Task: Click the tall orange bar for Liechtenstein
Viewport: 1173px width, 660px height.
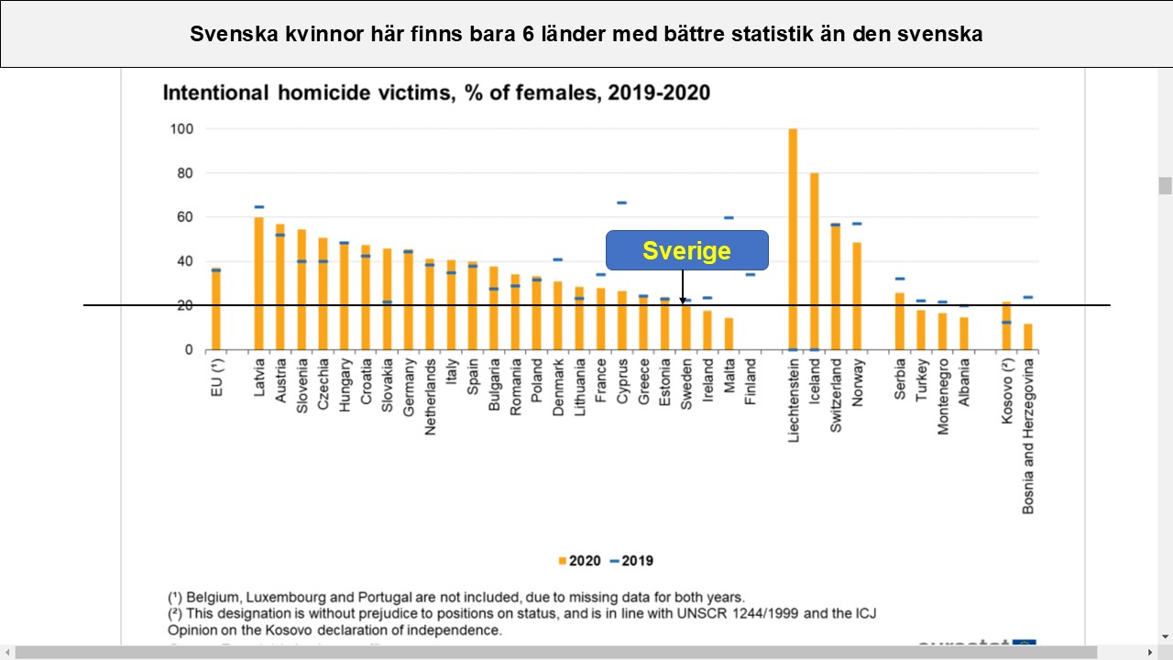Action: coord(793,238)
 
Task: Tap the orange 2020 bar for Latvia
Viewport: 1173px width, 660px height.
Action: coord(259,283)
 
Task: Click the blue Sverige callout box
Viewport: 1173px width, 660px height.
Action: coord(686,250)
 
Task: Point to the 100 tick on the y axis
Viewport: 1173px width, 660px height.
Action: coord(181,129)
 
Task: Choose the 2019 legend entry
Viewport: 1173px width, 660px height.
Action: coord(632,560)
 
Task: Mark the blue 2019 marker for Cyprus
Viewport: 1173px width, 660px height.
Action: coord(621,203)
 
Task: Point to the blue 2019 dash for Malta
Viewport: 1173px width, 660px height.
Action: coord(729,218)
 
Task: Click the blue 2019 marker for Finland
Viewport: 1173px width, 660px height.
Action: coord(751,274)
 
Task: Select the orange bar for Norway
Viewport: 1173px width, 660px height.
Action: coord(857,296)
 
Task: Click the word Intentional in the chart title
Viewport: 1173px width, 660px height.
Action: coord(215,93)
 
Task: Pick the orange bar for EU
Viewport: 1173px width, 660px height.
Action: coord(216,310)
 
